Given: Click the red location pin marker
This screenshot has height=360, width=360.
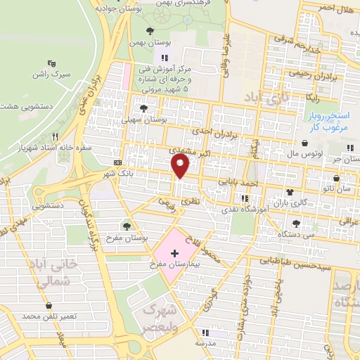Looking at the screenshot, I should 181,165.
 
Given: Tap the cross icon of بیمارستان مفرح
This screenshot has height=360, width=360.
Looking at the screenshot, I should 174,252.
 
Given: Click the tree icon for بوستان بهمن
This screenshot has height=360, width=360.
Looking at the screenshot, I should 150,31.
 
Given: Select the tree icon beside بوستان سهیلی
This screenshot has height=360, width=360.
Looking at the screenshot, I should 144,108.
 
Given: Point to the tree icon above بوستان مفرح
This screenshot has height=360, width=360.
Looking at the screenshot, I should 127,226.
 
